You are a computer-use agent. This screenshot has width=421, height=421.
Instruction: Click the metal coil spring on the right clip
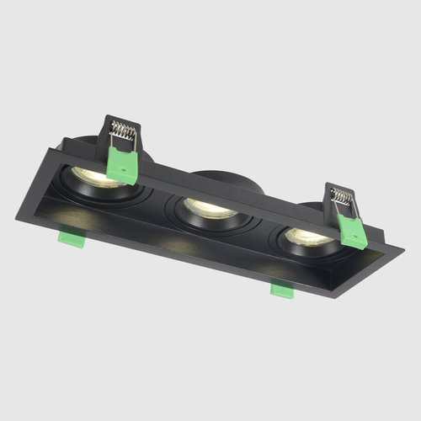pyautogui.click(x=343, y=200)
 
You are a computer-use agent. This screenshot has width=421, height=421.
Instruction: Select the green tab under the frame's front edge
pyautogui.click(x=280, y=290)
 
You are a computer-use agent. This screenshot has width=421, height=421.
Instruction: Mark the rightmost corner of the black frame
pyautogui.click(x=402, y=250)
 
